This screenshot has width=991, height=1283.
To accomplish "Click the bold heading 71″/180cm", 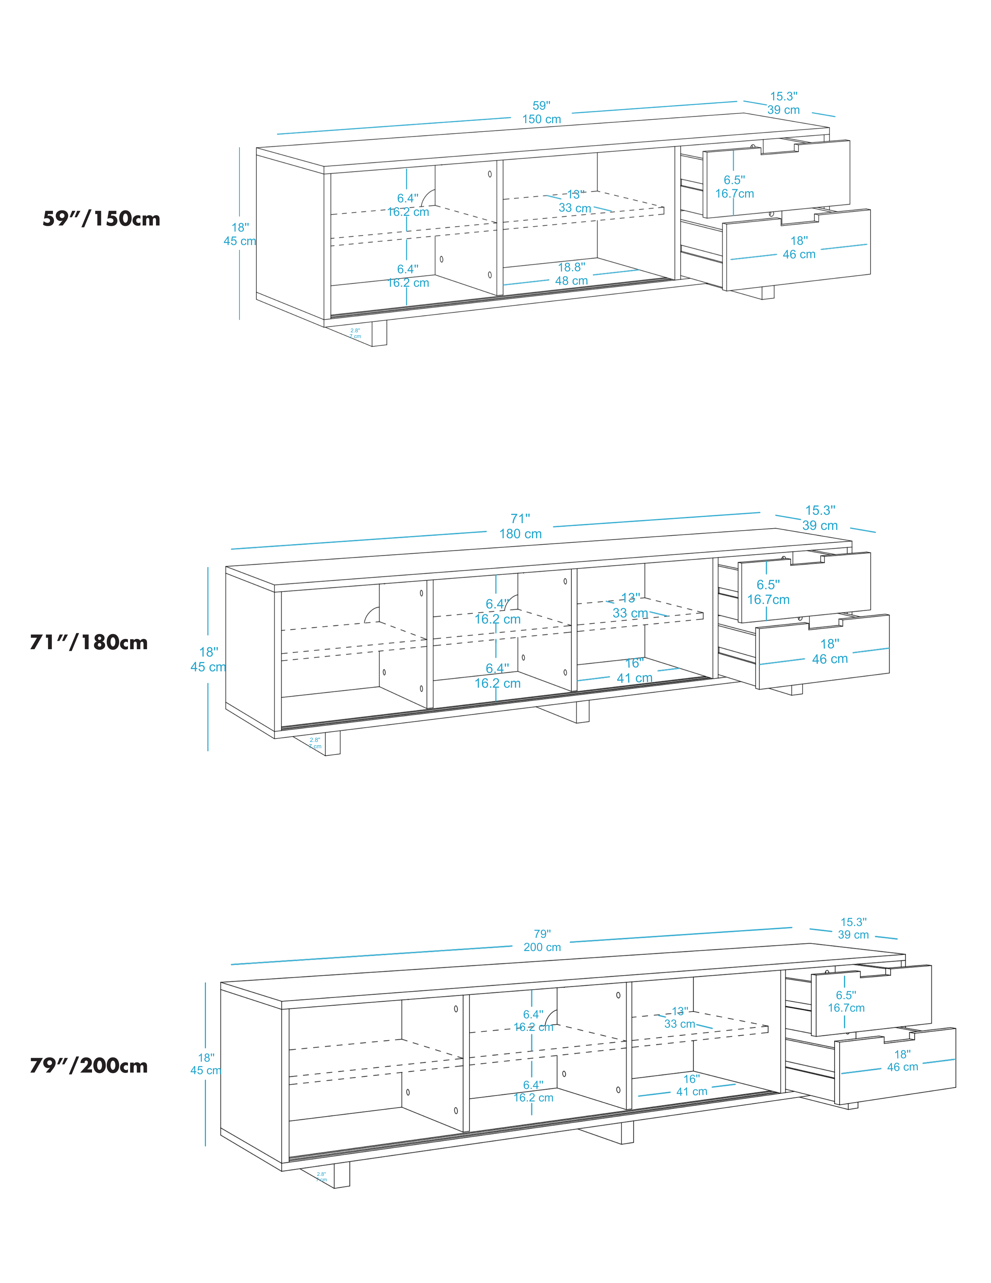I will pos(89,643).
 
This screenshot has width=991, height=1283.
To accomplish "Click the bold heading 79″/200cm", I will pos(89,1066).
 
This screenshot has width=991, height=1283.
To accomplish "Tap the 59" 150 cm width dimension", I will pos(541,112).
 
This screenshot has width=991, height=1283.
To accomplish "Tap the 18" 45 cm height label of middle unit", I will pos(208,659).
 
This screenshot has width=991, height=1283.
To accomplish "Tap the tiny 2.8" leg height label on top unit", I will pos(355,333).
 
